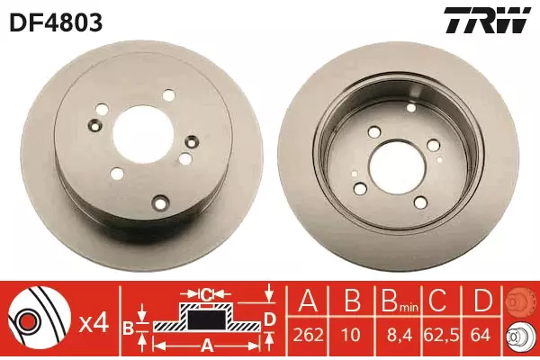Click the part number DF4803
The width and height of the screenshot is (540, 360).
coord(57,22)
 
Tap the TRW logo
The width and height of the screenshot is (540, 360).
coord(487,22)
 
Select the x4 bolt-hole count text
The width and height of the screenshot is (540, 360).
coord(94,324)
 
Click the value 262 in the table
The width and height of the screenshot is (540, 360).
coord(308,334)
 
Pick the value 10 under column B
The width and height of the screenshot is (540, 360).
coord(351,334)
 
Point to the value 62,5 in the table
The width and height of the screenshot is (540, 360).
coord(442,335)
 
